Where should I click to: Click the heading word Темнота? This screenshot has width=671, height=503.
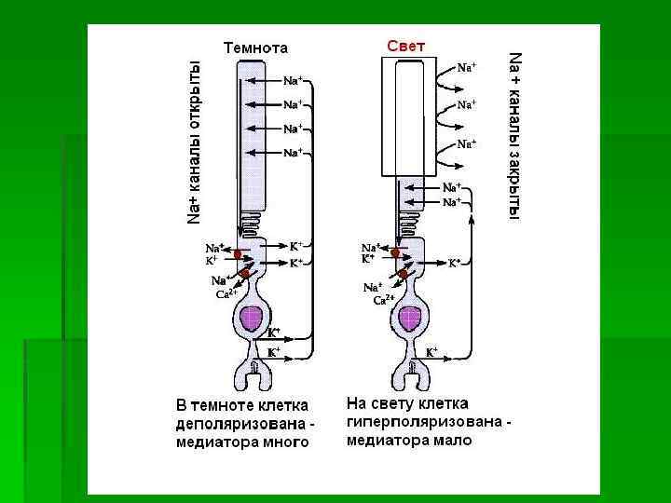254,48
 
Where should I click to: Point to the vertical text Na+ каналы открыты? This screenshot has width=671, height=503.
195,142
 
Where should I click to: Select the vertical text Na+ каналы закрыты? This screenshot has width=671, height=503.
514,135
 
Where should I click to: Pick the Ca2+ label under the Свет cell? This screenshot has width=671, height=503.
385,300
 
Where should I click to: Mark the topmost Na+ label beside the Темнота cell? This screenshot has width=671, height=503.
293,81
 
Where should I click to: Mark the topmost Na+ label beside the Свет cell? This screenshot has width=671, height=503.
466,68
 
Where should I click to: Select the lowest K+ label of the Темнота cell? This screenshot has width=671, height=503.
274,353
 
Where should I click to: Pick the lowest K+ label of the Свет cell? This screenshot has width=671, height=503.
432,353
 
